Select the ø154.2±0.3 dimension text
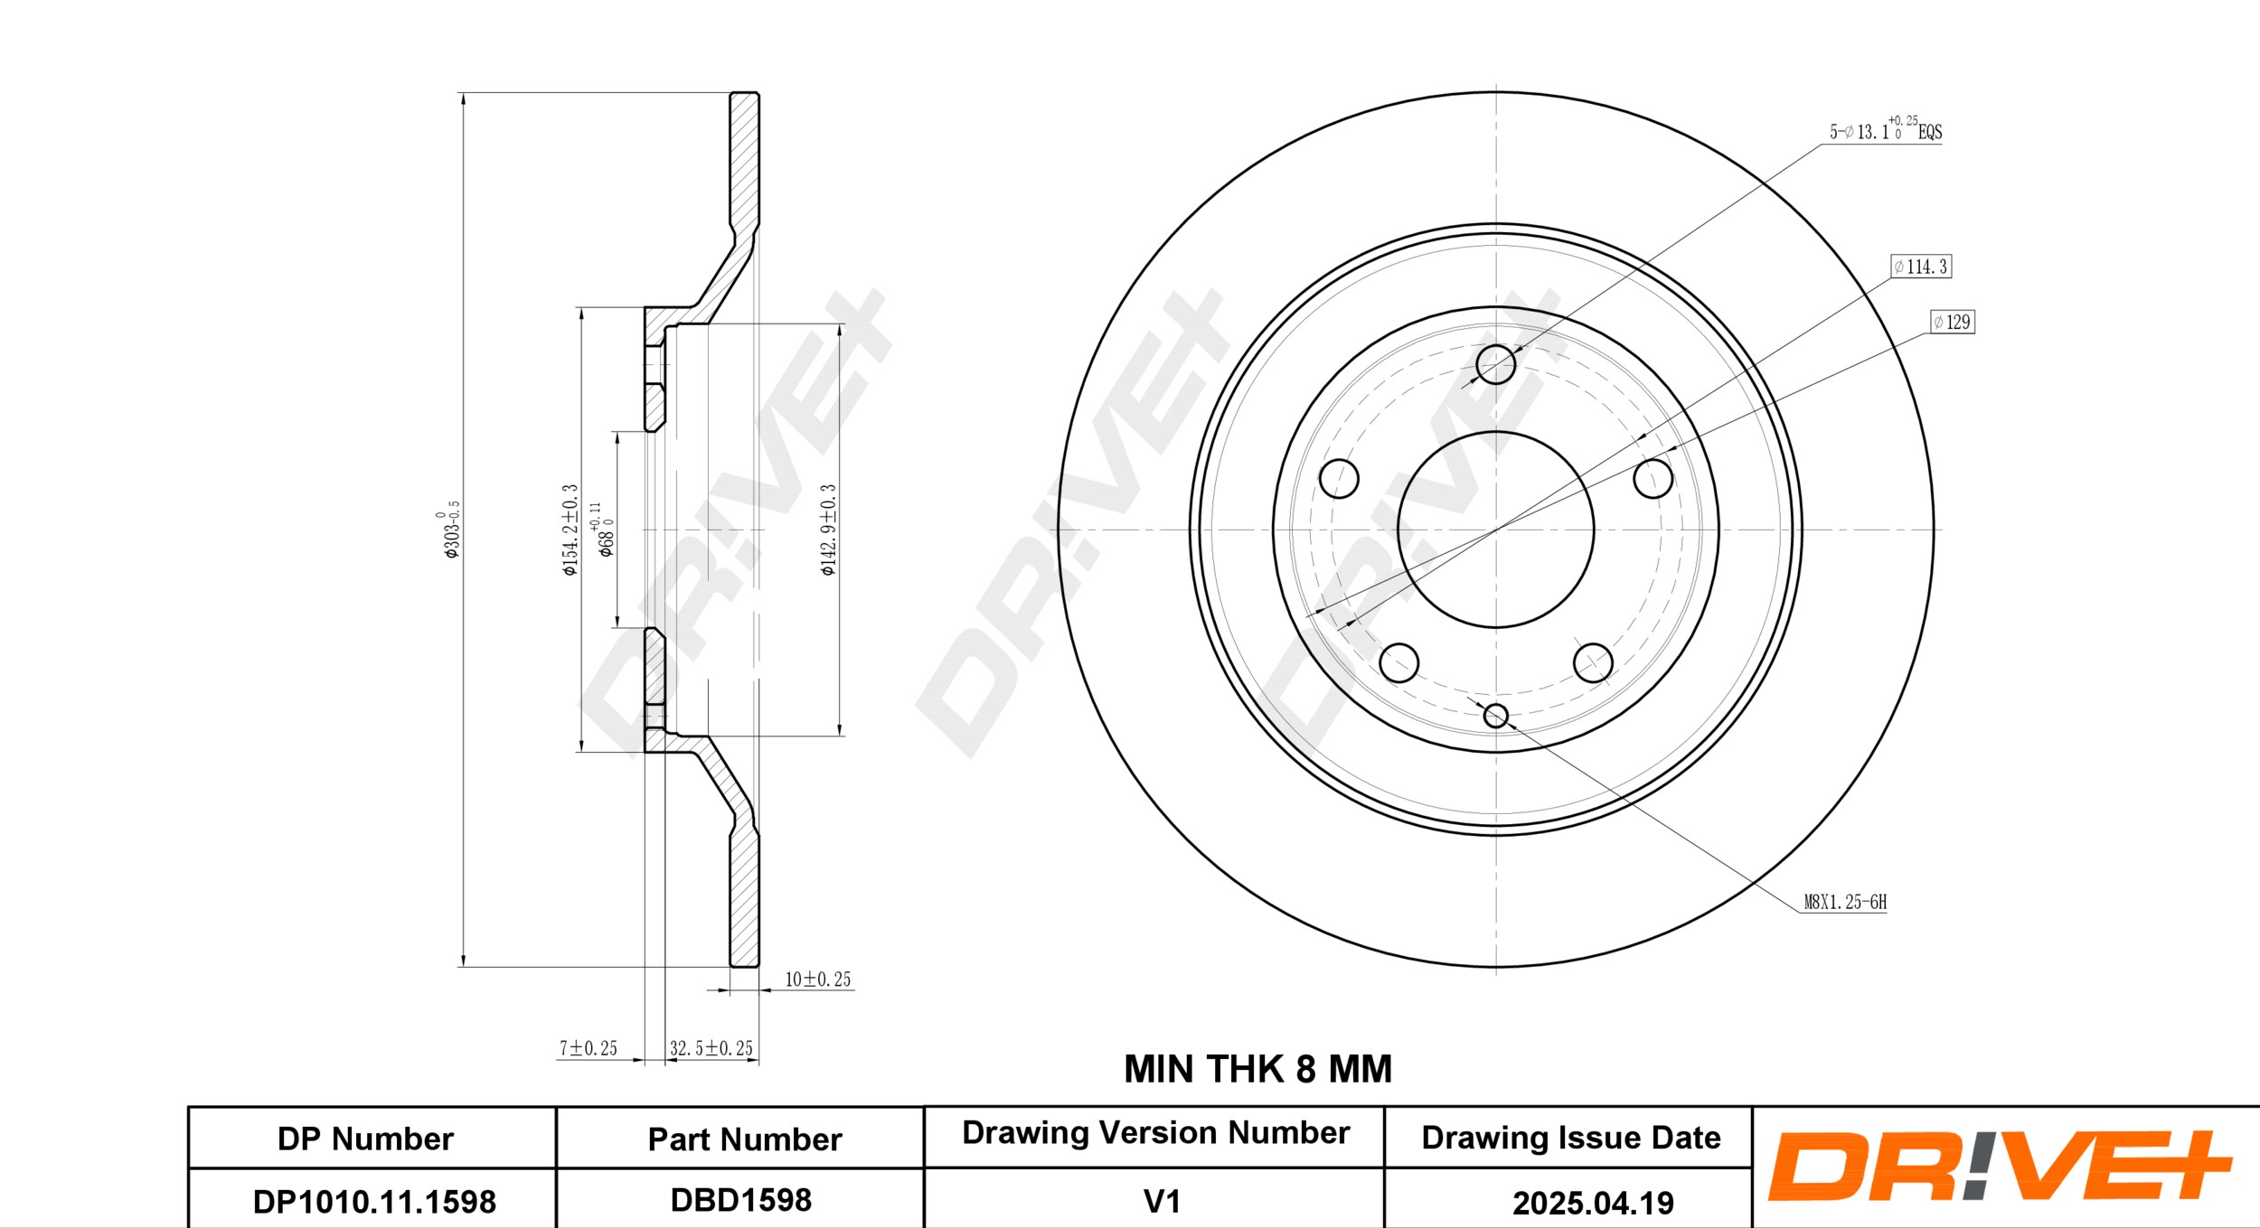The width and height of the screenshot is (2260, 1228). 570,530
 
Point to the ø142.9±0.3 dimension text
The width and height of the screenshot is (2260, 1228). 828,530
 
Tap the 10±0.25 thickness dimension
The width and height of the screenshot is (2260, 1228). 817,980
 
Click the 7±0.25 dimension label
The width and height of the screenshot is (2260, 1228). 589,1048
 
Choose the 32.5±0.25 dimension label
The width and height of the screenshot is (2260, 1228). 711,1048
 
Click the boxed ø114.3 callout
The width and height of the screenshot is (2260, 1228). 1921,267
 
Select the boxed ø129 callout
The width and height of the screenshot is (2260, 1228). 1953,322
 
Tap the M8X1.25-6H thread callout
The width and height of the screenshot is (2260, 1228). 1845,902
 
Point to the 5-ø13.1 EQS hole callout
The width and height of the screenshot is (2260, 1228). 1886,129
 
